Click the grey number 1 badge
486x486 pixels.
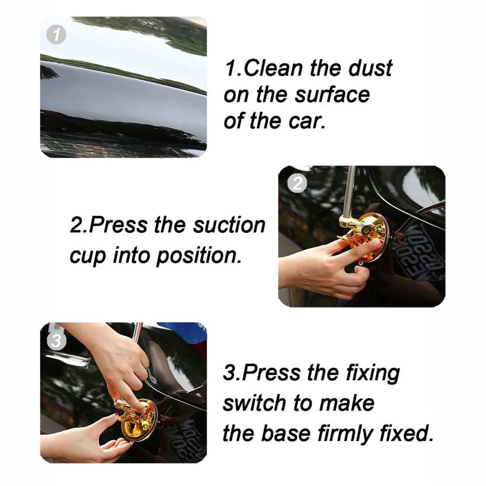pyautogui.click(x=56, y=34)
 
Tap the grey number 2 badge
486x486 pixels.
pyautogui.click(x=297, y=183)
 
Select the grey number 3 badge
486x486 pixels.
pyautogui.click(x=56, y=341)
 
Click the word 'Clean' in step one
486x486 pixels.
pyautogui.click(x=273, y=68)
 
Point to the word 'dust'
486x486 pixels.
pyautogui.click(x=371, y=68)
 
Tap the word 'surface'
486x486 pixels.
pyautogui.click(x=332, y=95)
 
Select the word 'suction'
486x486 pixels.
pyautogui.click(x=229, y=225)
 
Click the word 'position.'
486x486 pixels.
pyautogui.click(x=198, y=255)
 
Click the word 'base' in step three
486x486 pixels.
pyautogui.click(x=286, y=433)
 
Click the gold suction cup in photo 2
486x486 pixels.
pyautogui.click(x=365, y=238)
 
